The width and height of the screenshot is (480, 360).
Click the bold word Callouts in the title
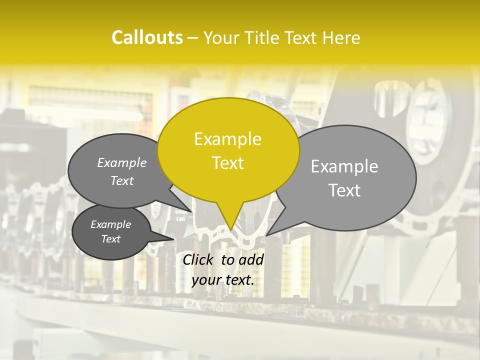pos(147,37)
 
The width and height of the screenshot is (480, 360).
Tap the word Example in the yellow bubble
pos(227,139)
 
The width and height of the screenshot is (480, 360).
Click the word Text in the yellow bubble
pos(227,163)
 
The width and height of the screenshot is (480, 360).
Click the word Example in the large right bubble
pos(344,166)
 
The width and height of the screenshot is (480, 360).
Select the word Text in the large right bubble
pos(344,190)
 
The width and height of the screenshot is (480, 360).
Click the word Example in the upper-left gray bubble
pos(122,162)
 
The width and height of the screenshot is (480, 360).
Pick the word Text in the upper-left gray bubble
pos(122,181)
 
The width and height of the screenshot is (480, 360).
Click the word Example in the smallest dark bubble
pos(110,224)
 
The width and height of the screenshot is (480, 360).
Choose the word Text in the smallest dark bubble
pos(110,239)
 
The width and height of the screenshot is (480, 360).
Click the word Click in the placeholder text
pos(199,259)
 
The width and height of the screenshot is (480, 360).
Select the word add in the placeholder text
pos(252,259)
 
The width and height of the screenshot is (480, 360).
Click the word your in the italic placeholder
pos(207,280)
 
